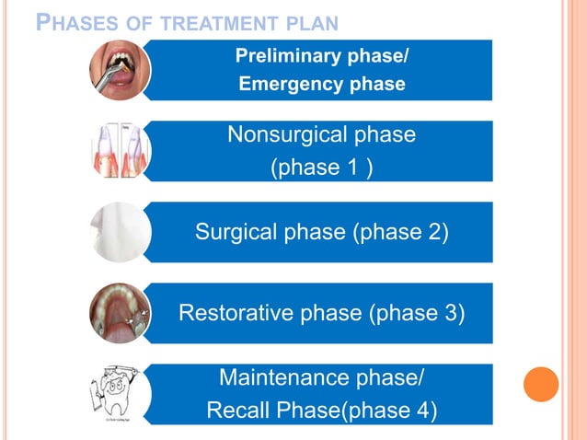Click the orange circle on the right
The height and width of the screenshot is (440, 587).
pos(541,384)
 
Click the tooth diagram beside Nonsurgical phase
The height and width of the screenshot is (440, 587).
pos(121,151)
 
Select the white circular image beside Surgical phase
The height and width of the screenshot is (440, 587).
pos(121,232)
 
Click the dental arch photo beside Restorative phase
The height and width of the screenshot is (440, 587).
pos(121,313)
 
